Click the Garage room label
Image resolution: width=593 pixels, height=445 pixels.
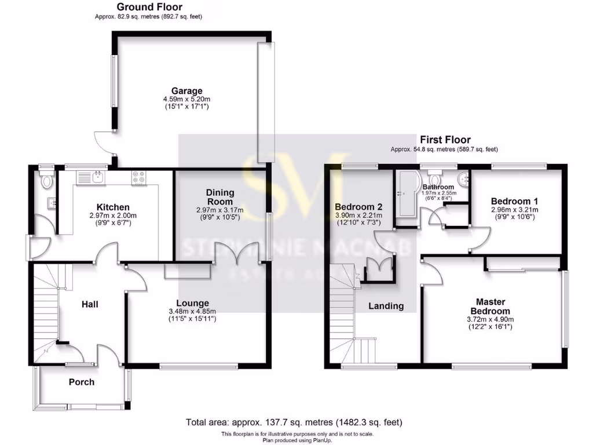point(186,91)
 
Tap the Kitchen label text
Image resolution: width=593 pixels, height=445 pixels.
point(112,207)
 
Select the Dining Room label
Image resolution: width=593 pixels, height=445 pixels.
point(220,197)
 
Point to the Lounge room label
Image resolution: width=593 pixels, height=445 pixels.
point(193,303)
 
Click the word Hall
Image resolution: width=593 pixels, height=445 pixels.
point(89,304)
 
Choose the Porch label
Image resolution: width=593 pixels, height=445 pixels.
point(81,382)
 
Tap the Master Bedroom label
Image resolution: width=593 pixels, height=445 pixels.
point(490,307)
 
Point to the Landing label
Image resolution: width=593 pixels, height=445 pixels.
point(386,306)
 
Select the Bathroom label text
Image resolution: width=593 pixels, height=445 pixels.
point(438,187)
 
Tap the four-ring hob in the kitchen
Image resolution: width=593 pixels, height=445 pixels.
point(139,177)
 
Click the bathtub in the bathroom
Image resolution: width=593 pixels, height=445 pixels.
point(405,194)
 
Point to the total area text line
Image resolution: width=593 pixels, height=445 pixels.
point(294,422)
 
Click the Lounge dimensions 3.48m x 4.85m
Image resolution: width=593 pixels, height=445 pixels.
point(193,311)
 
